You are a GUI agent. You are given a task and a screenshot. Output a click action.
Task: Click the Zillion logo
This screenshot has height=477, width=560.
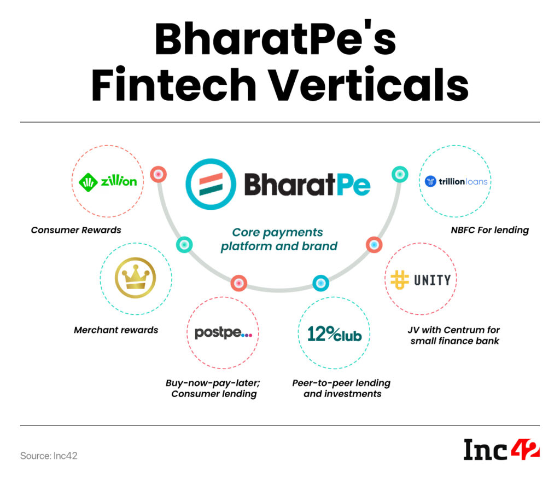[108, 181]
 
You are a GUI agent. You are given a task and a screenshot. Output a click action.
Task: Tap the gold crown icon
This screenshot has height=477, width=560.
[135, 278]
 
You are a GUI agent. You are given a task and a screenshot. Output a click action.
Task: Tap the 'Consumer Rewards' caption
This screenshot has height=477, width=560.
[76, 229]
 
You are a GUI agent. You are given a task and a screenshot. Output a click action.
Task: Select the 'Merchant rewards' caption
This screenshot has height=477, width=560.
[116, 330]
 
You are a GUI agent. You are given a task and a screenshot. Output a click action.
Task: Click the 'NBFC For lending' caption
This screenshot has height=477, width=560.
[489, 229]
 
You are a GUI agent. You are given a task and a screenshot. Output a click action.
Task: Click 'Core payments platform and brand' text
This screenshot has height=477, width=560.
[279, 239]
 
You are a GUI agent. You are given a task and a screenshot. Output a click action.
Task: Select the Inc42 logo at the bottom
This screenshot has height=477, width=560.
[501, 450]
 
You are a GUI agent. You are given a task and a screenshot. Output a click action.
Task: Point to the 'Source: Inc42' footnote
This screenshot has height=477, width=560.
[49, 456]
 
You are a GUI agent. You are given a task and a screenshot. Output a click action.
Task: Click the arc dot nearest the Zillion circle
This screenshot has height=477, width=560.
[158, 174]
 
